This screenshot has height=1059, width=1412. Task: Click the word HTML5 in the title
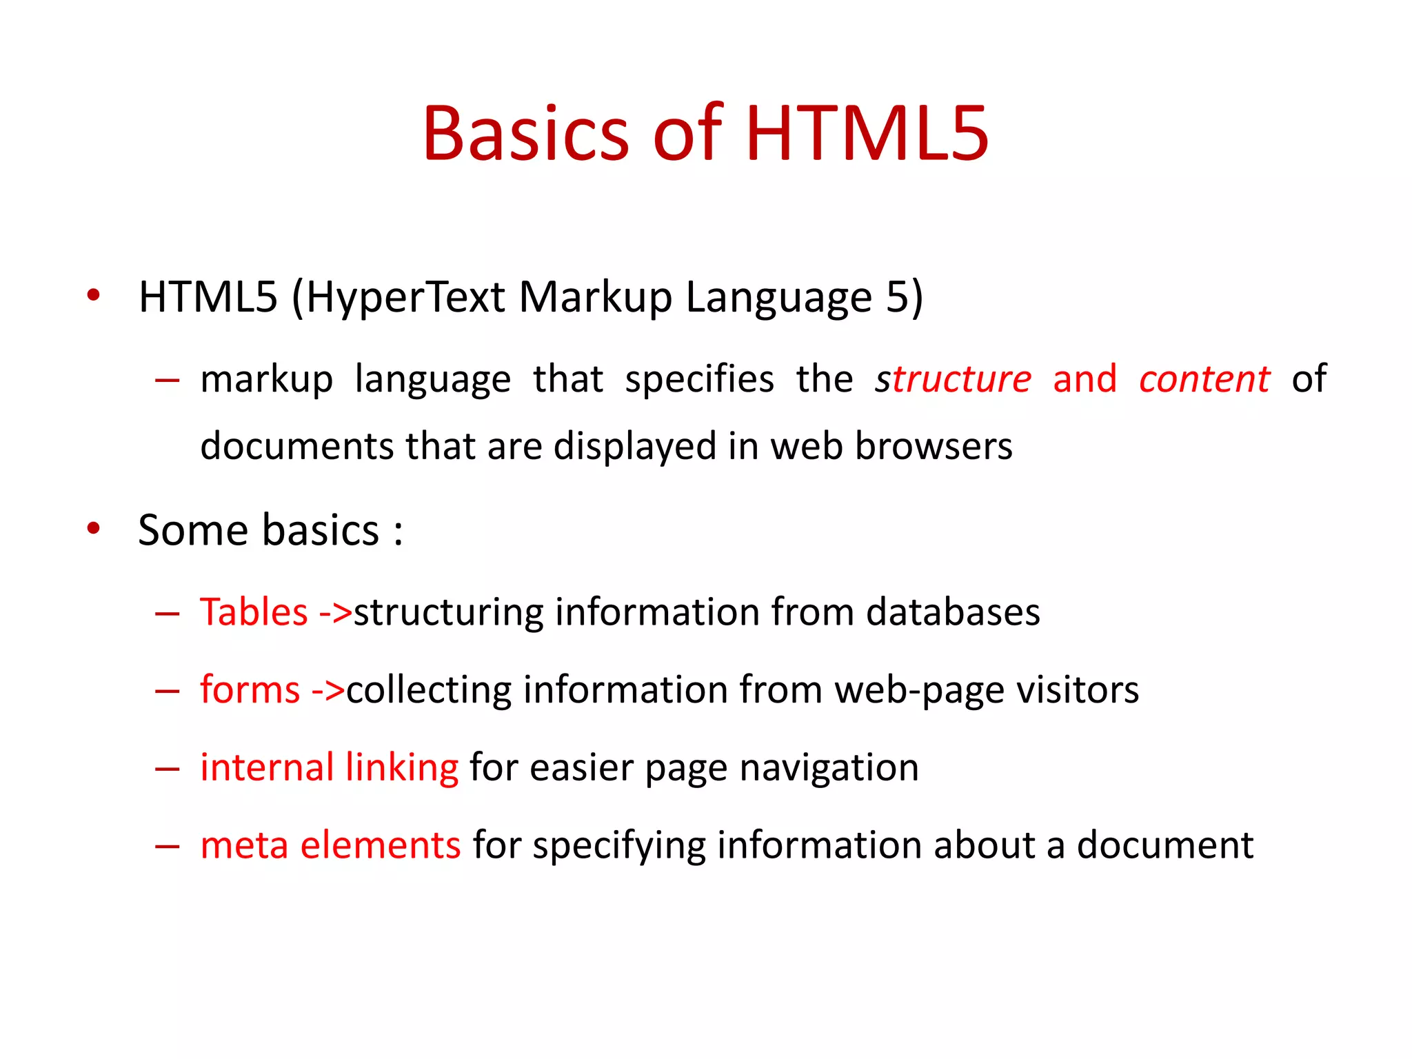867,134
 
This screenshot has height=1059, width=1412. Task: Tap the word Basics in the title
525,134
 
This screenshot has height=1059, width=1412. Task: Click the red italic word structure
953,379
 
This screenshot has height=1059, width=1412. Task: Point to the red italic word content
1204,379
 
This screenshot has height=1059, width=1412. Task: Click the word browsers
934,446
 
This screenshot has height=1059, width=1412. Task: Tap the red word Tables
254,612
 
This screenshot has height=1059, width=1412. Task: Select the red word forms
250,689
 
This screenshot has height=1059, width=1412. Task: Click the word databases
953,612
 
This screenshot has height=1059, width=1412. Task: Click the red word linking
401,767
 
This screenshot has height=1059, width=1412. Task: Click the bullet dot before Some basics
94,529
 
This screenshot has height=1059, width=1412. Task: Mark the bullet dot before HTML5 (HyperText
94,296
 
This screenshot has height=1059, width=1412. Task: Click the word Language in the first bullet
779,298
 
